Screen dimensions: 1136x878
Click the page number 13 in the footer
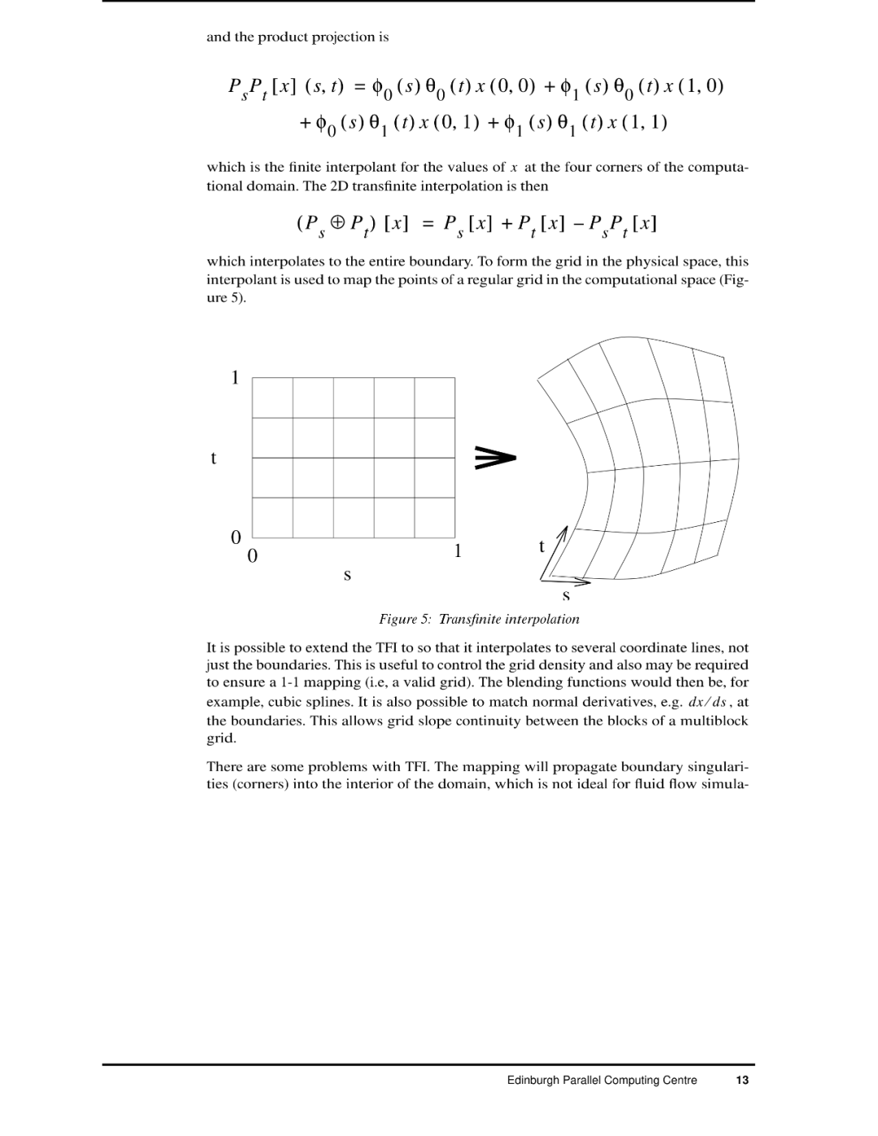coord(741,1081)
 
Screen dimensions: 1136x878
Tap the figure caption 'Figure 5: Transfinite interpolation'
coord(479,619)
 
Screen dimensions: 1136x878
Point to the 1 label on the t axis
coord(235,377)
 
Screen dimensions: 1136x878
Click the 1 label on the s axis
coord(458,551)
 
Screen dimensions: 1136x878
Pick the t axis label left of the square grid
coord(213,458)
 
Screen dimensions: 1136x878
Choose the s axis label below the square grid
coord(347,575)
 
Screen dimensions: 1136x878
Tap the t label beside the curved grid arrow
coord(541,546)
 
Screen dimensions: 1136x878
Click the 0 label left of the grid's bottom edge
coord(236,538)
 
